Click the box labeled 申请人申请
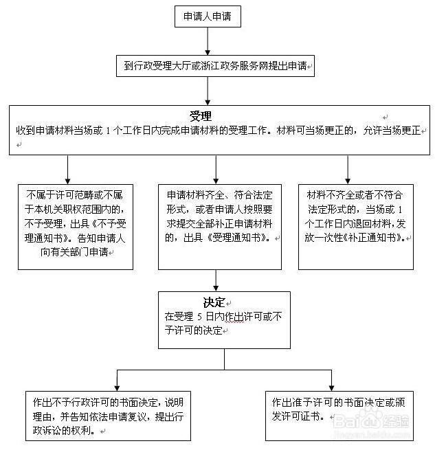coord(207,17)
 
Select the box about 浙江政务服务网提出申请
coord(216,66)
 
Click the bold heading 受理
coord(201,115)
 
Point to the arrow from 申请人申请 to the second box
coord(207,41)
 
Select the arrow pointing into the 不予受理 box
coord(67,168)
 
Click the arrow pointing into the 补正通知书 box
coord(347,168)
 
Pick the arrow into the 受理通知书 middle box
coord(216,168)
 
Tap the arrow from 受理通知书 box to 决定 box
coord(216,279)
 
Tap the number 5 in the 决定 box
coord(204,317)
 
